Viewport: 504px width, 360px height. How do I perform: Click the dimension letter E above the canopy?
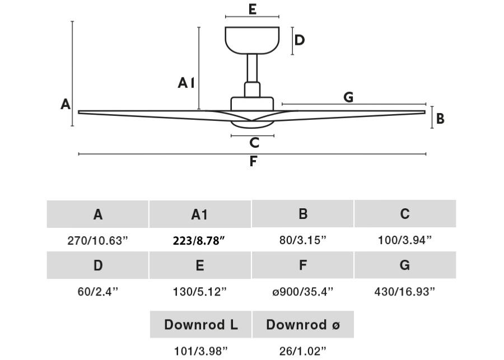point(252,10)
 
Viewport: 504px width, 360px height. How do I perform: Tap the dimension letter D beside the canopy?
point(299,40)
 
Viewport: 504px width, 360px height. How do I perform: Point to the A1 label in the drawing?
point(186,83)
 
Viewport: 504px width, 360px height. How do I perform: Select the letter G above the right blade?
point(348,97)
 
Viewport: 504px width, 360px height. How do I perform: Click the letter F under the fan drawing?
point(253,162)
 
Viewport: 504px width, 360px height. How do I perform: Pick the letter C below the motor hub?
point(254,143)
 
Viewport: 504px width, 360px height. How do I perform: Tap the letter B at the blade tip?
point(440,119)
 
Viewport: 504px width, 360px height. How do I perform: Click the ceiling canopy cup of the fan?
point(252,39)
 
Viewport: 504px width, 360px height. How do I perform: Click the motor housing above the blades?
point(252,104)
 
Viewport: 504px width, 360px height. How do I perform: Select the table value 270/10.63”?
point(97,241)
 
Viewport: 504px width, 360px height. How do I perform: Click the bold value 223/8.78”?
point(199,241)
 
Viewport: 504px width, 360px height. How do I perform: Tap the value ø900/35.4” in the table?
point(302,292)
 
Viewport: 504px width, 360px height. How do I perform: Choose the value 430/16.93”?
point(404,292)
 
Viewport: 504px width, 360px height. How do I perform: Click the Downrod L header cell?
point(200,325)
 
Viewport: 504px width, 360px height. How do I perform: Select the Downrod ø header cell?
point(302,325)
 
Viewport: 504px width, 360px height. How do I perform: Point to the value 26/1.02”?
point(302,352)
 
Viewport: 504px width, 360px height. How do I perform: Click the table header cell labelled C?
point(405,214)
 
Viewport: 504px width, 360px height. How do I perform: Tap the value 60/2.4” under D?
point(97,292)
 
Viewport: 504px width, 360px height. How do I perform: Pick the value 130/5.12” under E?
point(199,292)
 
